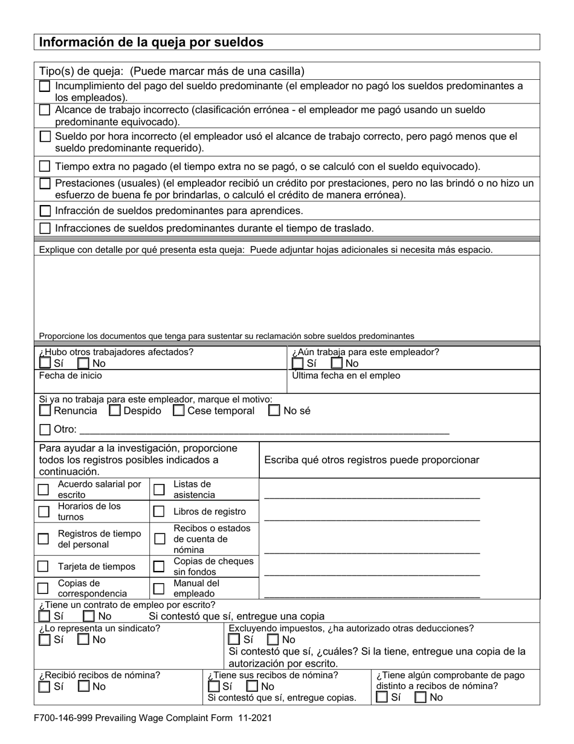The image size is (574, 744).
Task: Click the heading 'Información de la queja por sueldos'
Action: click(x=151, y=42)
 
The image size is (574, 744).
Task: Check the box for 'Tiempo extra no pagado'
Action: click(x=45, y=166)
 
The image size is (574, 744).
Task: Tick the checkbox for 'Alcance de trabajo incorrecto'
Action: click(x=45, y=110)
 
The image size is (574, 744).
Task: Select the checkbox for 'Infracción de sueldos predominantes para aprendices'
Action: click(x=45, y=211)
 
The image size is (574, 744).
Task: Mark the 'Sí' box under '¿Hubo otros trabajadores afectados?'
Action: click(x=45, y=364)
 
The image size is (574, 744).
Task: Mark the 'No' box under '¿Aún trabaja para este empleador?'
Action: click(x=337, y=364)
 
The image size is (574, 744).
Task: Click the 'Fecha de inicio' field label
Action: click(x=71, y=376)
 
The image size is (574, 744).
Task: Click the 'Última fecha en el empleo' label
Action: click(x=346, y=376)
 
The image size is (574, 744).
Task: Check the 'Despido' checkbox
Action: click(x=115, y=411)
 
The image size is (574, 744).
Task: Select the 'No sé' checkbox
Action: click(x=274, y=411)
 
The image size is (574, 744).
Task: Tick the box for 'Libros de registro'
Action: click(x=159, y=512)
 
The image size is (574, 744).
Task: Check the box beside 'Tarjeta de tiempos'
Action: click(x=43, y=567)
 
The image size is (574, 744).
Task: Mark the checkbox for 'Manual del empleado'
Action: click(x=159, y=589)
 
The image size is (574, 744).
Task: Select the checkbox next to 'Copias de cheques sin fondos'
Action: click(x=159, y=567)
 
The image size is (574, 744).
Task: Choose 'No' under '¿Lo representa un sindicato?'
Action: click(x=84, y=640)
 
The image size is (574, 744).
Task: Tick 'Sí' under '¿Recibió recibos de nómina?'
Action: click(x=45, y=687)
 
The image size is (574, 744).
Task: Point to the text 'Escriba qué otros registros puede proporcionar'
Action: click(x=372, y=460)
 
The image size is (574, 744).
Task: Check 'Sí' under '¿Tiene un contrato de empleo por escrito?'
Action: click(x=45, y=616)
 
